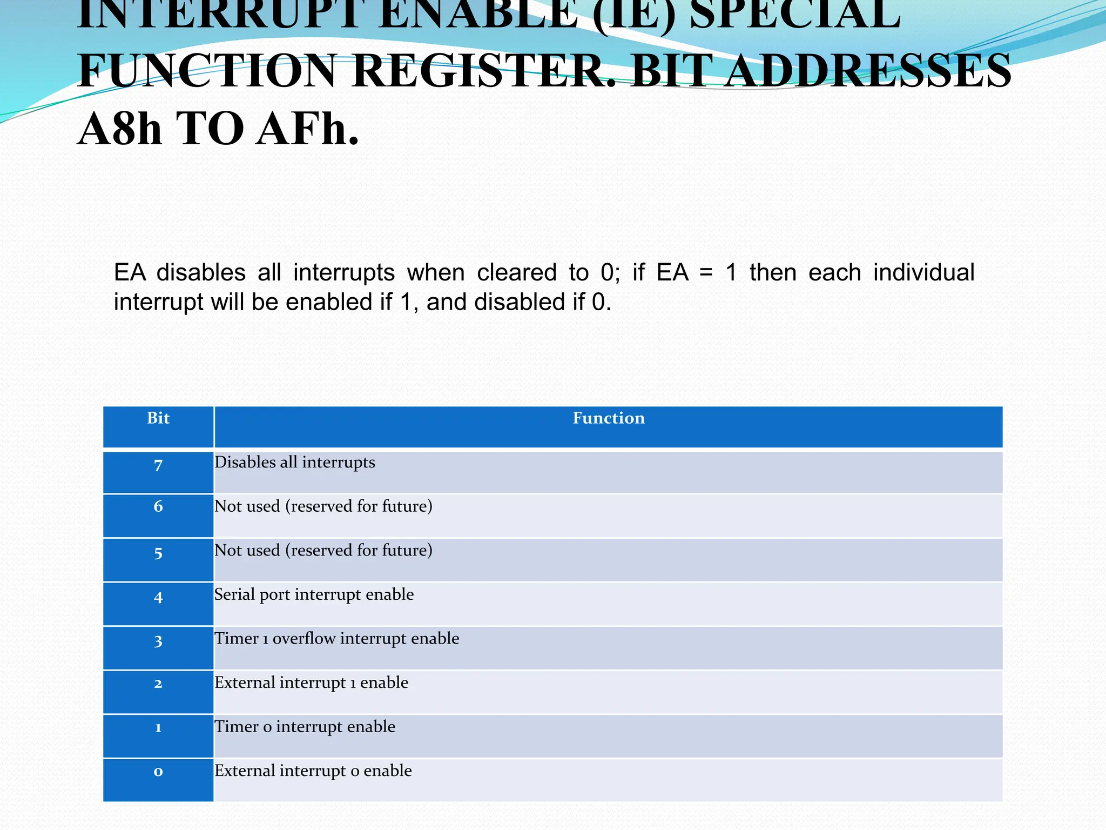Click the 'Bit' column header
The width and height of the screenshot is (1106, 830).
click(x=158, y=418)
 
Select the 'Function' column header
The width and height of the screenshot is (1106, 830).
click(x=609, y=418)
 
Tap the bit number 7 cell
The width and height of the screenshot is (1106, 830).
click(x=158, y=465)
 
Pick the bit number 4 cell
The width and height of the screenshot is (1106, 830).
click(x=158, y=597)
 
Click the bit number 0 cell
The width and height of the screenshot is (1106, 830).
click(x=158, y=771)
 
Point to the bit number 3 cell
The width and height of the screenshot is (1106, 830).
click(x=158, y=641)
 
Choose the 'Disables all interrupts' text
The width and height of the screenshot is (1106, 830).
click(x=295, y=463)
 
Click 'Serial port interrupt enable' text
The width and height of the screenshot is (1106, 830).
click(x=314, y=594)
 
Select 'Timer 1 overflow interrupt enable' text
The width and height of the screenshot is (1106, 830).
click(x=337, y=639)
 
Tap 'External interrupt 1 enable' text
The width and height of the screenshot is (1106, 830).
click(x=312, y=682)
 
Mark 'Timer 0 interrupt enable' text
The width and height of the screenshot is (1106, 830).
click(x=305, y=727)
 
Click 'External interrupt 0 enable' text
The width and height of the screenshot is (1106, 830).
click(x=313, y=771)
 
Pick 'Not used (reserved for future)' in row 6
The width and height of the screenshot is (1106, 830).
click(x=323, y=506)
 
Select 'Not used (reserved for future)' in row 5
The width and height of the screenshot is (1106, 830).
click(x=323, y=551)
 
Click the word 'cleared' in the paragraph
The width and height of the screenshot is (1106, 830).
click(x=517, y=272)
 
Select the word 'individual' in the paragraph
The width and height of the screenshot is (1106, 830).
click(x=923, y=272)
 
